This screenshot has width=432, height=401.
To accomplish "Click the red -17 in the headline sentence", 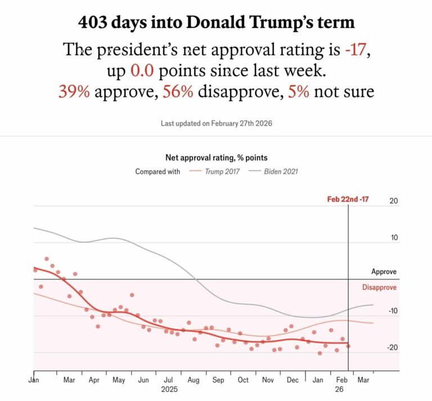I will coord(357,50).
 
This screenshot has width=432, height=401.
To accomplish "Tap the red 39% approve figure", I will coord(74,91).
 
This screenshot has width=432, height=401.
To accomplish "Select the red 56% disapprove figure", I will coord(178,91).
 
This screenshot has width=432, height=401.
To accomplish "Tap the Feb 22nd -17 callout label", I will coord(348,199).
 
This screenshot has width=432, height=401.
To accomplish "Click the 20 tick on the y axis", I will coord(393,201).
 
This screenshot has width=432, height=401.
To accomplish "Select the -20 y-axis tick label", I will coord(391,347).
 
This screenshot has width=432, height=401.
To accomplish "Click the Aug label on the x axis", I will coord(193,381).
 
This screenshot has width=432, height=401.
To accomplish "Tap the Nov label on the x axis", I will coord(268,381).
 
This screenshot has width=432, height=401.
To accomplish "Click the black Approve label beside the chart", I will coord(384,271).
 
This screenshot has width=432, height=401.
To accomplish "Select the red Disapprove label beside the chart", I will coord(379,287).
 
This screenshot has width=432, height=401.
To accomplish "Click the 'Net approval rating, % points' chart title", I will coord(216,158).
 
